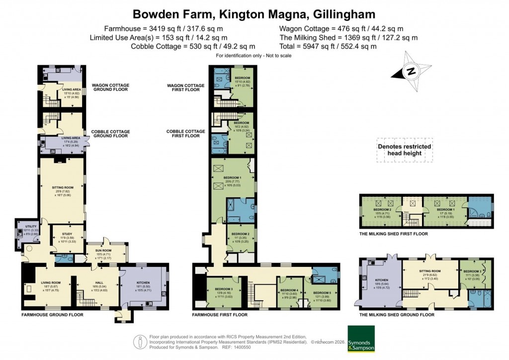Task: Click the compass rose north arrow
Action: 411,71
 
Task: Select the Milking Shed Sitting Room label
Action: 429,271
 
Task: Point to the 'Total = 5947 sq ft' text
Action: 328,46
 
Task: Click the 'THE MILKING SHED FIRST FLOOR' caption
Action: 393,234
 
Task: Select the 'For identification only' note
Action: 254,55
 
